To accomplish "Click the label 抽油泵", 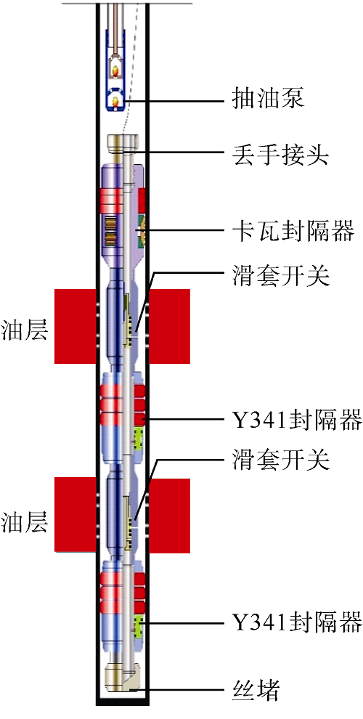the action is click(x=266, y=99).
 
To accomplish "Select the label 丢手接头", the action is click(x=279, y=156).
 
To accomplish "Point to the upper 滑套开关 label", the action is click(x=279, y=276).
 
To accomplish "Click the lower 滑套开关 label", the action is click(x=279, y=460).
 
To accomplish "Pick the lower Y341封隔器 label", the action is click(x=295, y=622).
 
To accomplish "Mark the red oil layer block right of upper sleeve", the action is click(x=169, y=326).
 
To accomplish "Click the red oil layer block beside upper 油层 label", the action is click(x=76, y=326).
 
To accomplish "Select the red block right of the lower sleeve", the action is click(x=169, y=515).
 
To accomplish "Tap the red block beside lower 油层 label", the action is click(x=76, y=514).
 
